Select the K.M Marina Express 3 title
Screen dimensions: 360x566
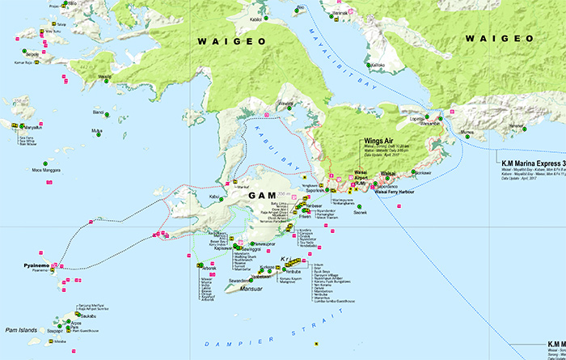pos(526,162)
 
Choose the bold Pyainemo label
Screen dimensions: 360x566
pos(37,265)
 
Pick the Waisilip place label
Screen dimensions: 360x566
pos(103,78)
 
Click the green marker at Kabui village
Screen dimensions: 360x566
pos(226,197)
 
